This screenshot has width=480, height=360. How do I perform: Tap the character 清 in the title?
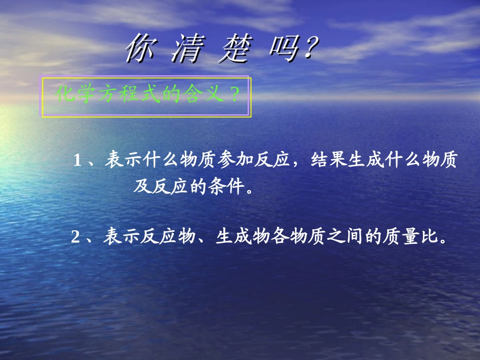[186, 49]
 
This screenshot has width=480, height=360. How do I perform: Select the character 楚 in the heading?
[233, 49]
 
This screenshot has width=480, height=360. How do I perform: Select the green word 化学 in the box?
[76, 94]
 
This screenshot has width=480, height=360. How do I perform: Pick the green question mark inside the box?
[234, 94]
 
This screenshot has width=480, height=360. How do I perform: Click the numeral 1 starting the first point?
[78, 161]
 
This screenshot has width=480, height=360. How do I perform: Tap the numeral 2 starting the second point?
[76, 237]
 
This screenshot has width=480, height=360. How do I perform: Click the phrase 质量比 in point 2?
[409, 237]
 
